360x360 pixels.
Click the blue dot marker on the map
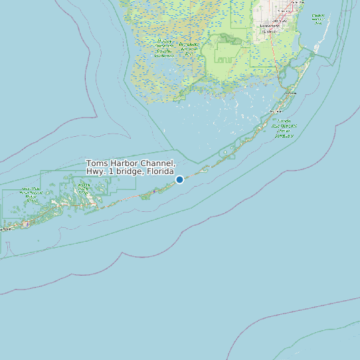tap(179, 179)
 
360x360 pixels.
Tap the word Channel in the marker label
tap(159, 164)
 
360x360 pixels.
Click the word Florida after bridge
tap(159, 172)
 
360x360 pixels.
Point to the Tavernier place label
tap(274, 111)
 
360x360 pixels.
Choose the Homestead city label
tap(270, 25)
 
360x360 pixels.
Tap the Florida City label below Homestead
tap(270, 31)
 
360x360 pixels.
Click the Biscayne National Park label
tap(317, 18)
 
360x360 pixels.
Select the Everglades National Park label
tap(189, 48)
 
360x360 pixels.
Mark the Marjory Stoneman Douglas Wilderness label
tap(163, 48)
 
